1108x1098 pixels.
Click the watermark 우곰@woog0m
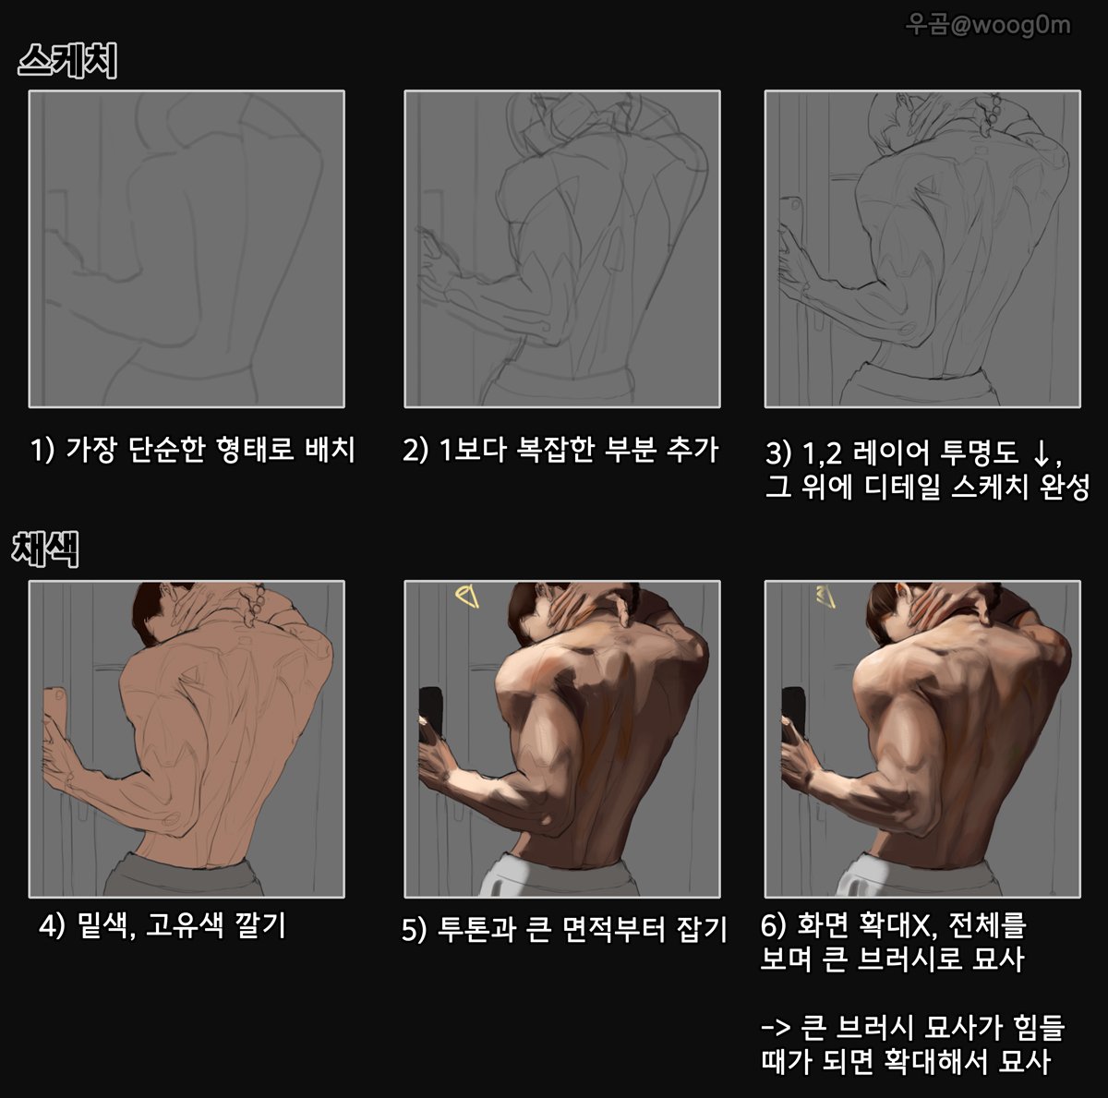click(987, 24)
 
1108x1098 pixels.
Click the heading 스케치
click(66, 62)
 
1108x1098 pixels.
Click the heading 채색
click(45, 549)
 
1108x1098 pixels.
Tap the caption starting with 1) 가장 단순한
click(192, 451)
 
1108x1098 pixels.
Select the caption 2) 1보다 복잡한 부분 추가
click(560, 451)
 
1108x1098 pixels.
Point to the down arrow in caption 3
click(1040, 453)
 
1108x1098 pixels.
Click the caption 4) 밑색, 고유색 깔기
click(163, 925)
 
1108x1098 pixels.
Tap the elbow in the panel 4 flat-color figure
click(171, 816)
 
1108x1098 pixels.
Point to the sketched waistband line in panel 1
click(185, 369)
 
